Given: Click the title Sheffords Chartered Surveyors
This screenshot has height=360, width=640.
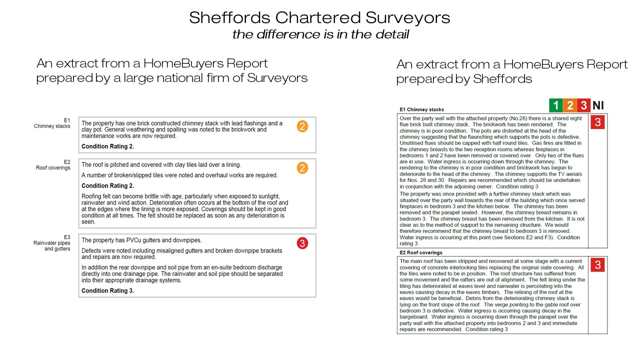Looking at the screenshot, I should tap(319, 18).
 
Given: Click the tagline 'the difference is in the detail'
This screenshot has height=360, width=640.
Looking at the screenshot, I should tap(320, 34).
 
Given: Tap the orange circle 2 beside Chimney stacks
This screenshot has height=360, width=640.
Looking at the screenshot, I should tap(302, 126).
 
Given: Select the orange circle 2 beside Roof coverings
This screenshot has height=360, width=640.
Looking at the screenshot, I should tap(302, 168).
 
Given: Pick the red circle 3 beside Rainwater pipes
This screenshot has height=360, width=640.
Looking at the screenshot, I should tap(302, 243).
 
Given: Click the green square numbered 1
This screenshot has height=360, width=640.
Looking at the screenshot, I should tap(555, 105).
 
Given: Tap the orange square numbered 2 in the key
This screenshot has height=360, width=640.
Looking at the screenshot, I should tap(569, 105).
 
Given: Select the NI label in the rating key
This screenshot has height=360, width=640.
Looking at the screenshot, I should tap(598, 105).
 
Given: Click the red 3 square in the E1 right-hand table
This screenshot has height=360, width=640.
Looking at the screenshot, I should tap(597, 122).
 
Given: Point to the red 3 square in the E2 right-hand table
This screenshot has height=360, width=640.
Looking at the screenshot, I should tap(597, 265).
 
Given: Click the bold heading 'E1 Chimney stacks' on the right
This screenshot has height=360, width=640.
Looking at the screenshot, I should tap(421, 109).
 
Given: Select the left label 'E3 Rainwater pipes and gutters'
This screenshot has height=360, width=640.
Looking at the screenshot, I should tap(52, 243).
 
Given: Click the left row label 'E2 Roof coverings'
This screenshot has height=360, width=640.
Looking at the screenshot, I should tap(53, 165).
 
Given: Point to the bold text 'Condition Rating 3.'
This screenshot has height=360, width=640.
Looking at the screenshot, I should tap(107, 290).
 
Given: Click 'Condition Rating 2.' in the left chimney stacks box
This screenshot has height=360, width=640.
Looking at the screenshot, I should tap(107, 146).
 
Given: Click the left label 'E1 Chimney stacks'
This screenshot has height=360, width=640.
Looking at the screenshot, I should tap(52, 123).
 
